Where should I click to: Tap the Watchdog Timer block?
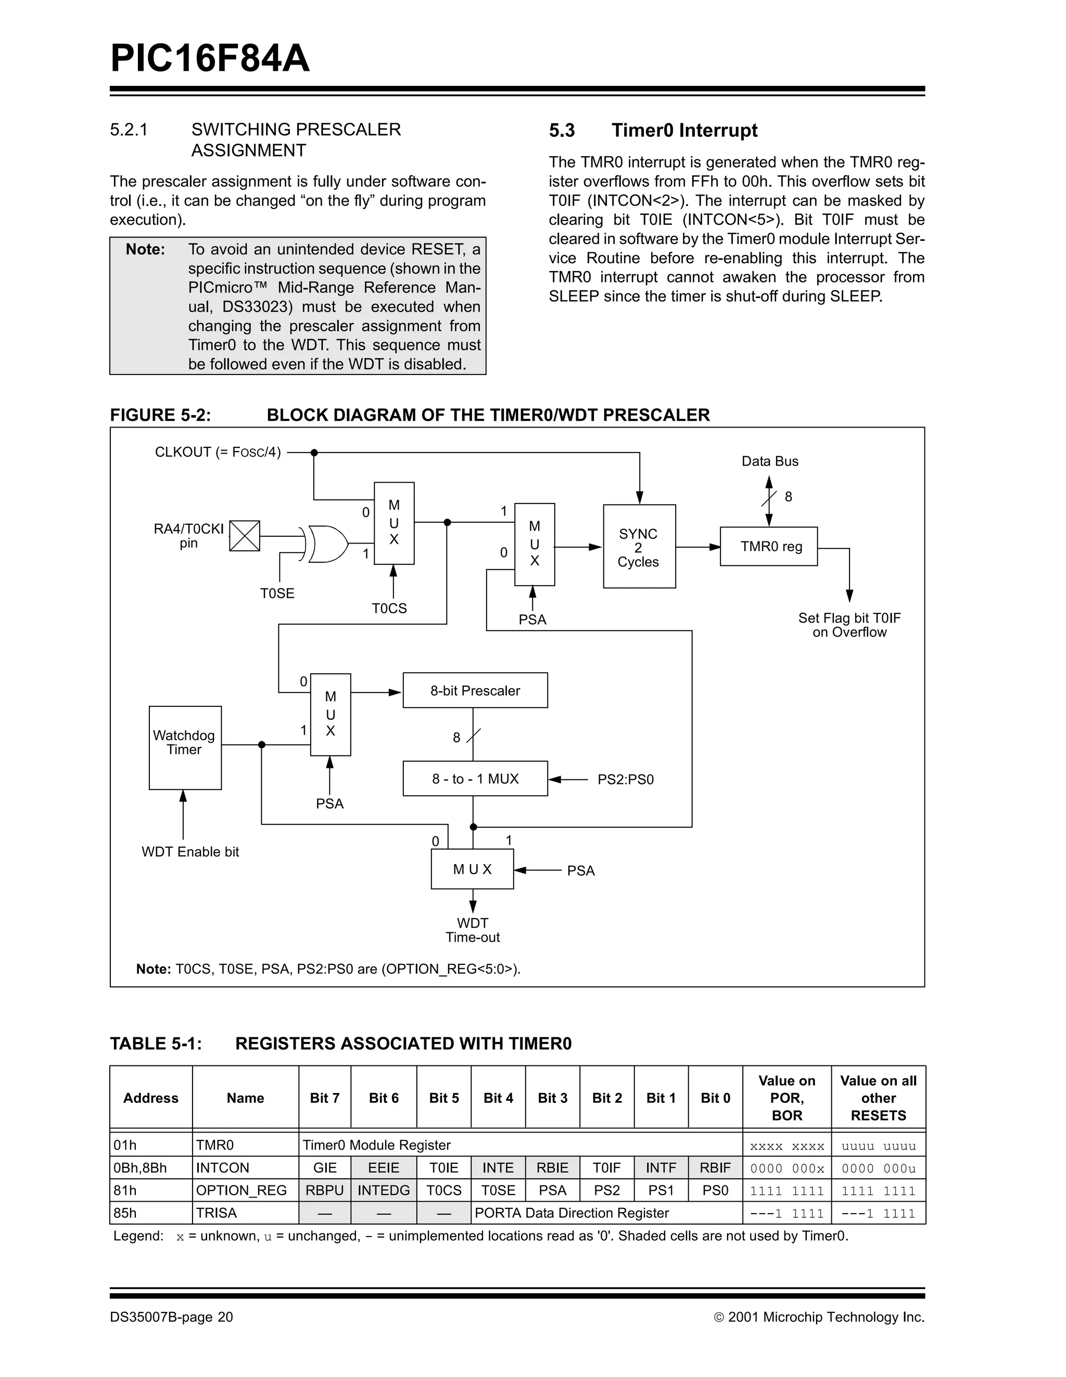(x=185, y=747)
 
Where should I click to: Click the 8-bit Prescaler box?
(x=475, y=690)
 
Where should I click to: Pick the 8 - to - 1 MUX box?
(x=475, y=779)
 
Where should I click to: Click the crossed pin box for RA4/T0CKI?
(x=245, y=536)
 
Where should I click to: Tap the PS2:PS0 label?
(x=625, y=779)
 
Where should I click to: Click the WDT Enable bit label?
(x=191, y=852)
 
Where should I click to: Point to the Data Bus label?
(x=769, y=461)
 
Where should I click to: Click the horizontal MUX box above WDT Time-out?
(x=472, y=869)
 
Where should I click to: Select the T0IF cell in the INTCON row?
(x=606, y=1168)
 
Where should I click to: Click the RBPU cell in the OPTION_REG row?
(x=324, y=1190)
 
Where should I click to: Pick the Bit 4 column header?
(x=498, y=1098)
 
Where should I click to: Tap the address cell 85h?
(x=125, y=1213)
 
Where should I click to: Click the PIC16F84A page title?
(x=210, y=59)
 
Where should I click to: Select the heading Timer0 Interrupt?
(x=684, y=131)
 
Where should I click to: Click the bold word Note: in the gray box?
(x=145, y=250)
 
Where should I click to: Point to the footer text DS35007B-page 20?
(x=172, y=1317)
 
